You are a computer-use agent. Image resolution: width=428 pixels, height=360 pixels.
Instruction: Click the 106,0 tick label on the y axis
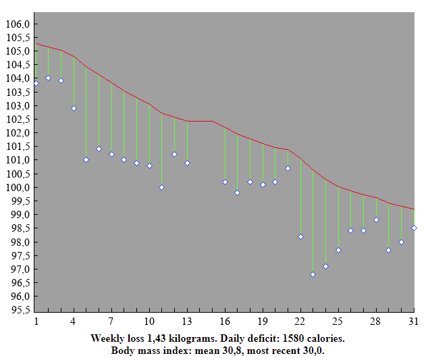click(x=18, y=24)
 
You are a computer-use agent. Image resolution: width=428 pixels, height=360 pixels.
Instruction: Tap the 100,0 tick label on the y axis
click(x=18, y=187)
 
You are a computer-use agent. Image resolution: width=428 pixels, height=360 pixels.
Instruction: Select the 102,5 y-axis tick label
click(x=18, y=119)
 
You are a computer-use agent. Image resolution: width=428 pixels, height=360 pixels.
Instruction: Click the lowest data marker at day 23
click(x=313, y=274)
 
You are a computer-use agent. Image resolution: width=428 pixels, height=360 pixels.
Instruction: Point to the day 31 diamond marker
click(x=414, y=228)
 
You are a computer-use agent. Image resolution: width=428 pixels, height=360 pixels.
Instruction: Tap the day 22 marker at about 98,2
click(x=300, y=236)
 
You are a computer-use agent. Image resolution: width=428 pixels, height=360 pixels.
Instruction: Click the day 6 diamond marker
click(x=99, y=149)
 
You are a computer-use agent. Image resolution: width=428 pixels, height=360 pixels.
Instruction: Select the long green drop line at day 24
click(x=325, y=223)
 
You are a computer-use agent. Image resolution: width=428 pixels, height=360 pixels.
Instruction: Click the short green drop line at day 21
click(x=288, y=158)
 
